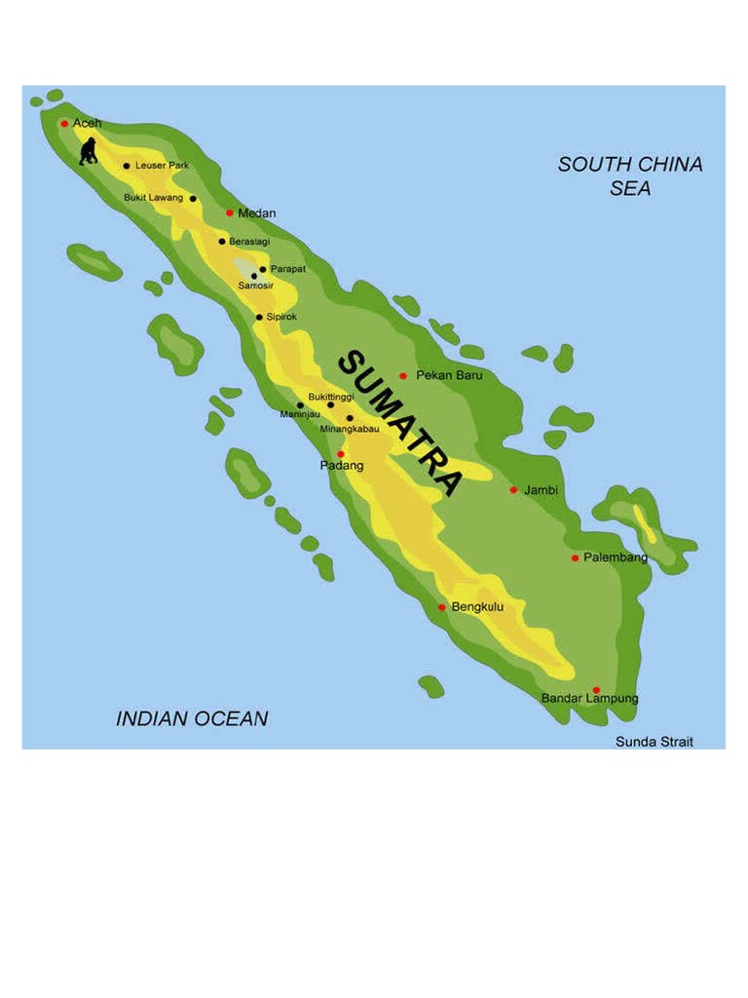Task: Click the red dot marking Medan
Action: pos(230,212)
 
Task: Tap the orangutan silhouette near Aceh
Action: pos(89,151)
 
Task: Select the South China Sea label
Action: pos(630,176)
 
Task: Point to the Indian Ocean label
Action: pos(192,719)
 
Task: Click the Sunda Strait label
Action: pos(654,742)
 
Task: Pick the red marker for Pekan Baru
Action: pos(402,375)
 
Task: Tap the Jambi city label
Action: pos(541,489)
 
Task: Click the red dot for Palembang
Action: pos(576,558)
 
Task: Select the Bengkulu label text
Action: pos(477,606)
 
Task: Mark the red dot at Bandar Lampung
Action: pos(596,690)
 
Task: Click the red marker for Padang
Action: pos(341,453)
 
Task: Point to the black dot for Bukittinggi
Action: pos(330,405)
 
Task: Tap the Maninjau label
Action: pos(300,415)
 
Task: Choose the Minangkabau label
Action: pos(350,429)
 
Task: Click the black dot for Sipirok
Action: pos(259,317)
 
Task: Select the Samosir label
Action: pos(256,286)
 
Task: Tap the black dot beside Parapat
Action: pos(263,269)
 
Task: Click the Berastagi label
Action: pos(249,241)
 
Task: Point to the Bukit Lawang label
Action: pos(153,198)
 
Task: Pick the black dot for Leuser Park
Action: pos(127,166)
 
